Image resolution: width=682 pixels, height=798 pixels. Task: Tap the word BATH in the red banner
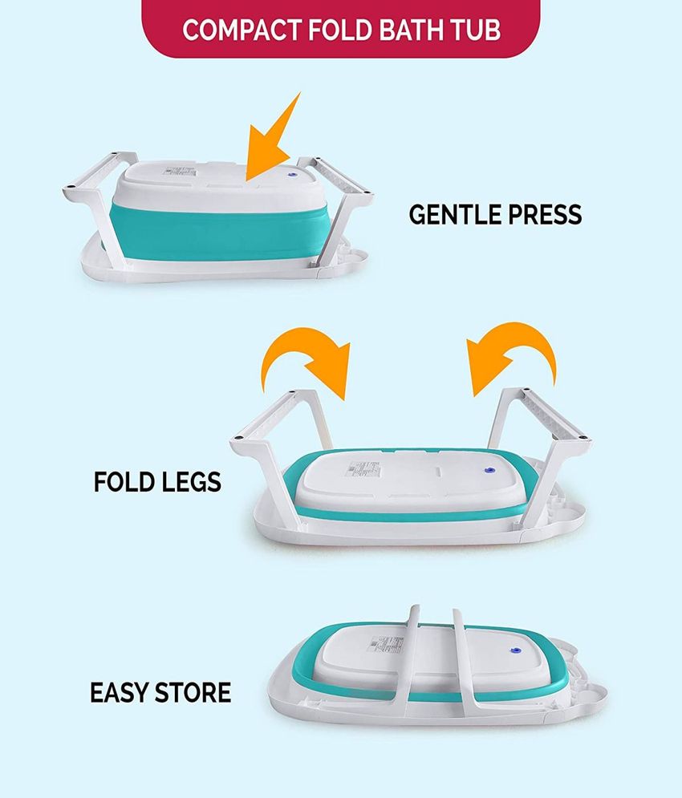tap(411, 30)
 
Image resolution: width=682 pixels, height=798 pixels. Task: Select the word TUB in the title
tap(475, 30)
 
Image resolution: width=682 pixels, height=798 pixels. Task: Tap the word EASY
tap(120, 693)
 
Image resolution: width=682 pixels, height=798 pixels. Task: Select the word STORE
tap(193, 693)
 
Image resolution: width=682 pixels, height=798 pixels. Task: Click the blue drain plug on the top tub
tap(292, 174)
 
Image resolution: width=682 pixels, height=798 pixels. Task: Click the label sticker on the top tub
tap(180, 170)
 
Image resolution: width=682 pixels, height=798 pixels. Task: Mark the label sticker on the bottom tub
tap(386, 644)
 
